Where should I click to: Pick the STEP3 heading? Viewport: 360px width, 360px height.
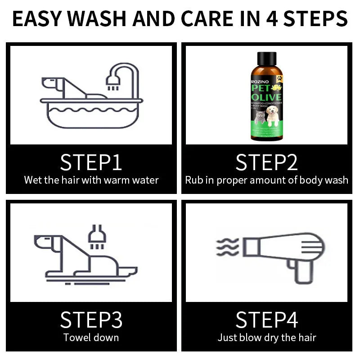(91, 319)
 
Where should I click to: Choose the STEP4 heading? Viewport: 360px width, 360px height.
(266, 319)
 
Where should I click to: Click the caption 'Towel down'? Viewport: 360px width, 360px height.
(91, 337)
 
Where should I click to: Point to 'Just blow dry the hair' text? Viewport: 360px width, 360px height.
(266, 337)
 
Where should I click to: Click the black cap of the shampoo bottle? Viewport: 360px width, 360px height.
(266, 58)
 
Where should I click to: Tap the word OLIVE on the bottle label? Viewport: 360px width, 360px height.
(266, 97)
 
